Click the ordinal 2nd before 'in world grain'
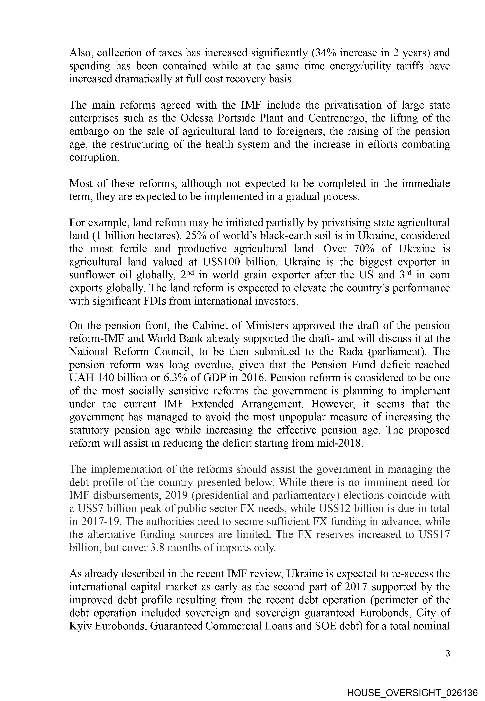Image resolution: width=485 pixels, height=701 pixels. pos(187,275)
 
